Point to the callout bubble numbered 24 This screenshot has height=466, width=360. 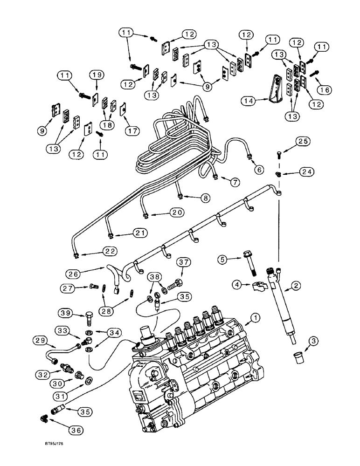306,171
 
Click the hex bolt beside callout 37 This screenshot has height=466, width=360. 175,283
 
